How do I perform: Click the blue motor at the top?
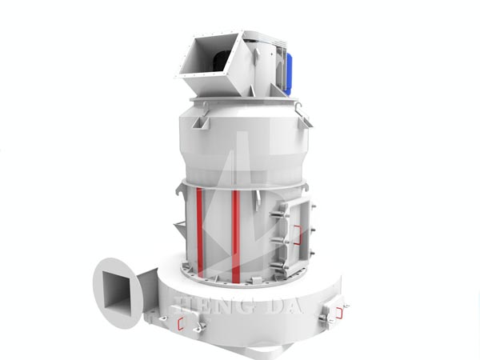click(x=288, y=73)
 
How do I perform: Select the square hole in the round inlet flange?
click(x=118, y=290)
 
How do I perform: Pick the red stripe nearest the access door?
click(x=235, y=236)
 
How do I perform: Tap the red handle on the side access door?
click(x=297, y=235)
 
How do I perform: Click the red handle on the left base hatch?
click(x=181, y=323)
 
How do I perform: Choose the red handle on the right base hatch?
click(x=339, y=313)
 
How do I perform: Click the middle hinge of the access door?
click(x=280, y=240)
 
